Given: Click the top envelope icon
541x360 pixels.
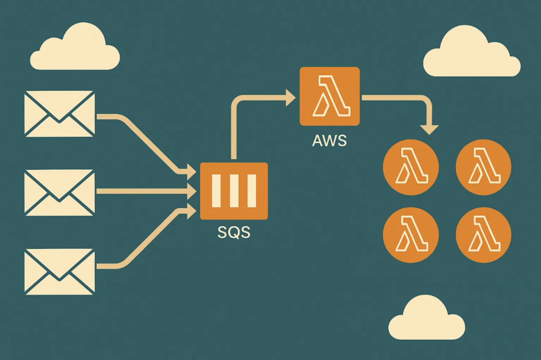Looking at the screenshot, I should pyautogui.click(x=60, y=114).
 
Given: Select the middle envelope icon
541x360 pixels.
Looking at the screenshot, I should pyautogui.click(x=60, y=193).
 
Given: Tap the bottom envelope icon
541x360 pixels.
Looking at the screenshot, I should pyautogui.click(x=60, y=271).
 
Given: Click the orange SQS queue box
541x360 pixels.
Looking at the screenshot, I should pyautogui.click(x=234, y=191).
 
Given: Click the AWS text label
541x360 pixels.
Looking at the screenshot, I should pyautogui.click(x=329, y=141).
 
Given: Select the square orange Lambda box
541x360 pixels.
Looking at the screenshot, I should pyautogui.click(x=329, y=96).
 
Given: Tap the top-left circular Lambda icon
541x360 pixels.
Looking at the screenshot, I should pyautogui.click(x=411, y=167).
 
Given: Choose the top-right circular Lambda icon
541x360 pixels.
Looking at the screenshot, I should pyautogui.click(x=484, y=167).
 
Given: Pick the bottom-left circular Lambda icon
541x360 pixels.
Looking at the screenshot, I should pyautogui.click(x=411, y=235).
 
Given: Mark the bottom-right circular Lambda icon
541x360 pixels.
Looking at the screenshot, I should pyautogui.click(x=484, y=235).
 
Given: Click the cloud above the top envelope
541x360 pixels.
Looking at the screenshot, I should pyautogui.click(x=75, y=49).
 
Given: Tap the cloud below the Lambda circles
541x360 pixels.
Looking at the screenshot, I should pyautogui.click(x=427, y=319).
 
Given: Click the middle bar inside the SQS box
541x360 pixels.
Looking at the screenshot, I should pyautogui.click(x=234, y=191).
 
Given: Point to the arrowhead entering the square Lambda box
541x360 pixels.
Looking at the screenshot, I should pyautogui.click(x=290, y=98).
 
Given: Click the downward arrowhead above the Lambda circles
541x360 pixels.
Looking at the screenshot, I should pyautogui.click(x=429, y=129).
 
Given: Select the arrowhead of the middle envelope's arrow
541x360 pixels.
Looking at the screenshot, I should pyautogui.click(x=192, y=191).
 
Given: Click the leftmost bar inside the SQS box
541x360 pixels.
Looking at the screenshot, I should pyautogui.click(x=216, y=191).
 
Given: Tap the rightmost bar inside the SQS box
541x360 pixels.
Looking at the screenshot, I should pyautogui.click(x=251, y=191).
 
